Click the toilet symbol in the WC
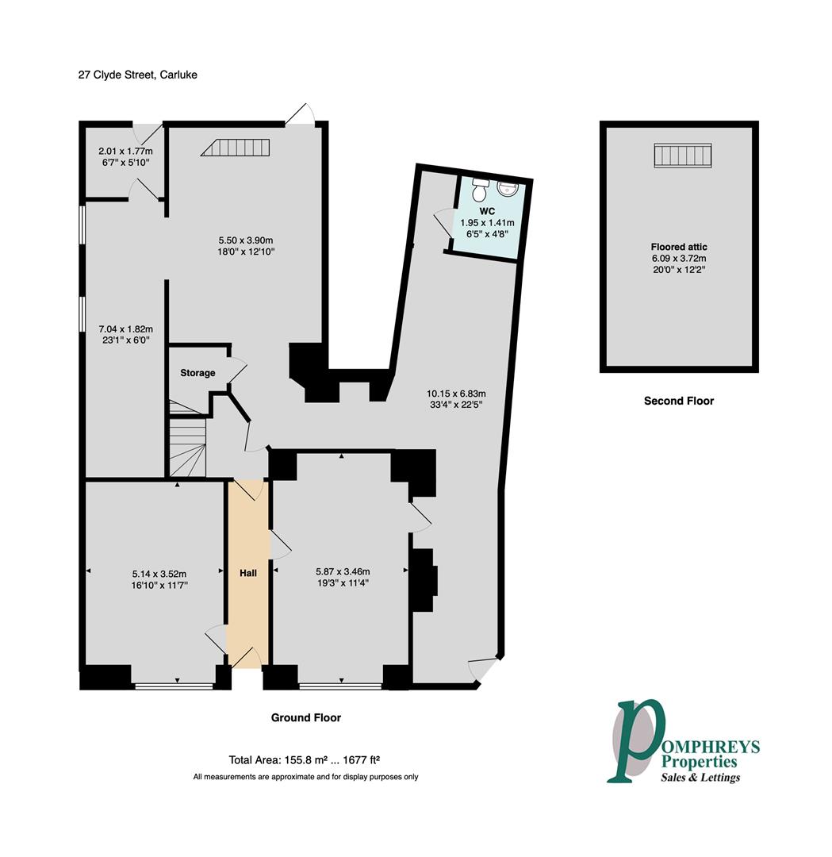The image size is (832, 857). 479,191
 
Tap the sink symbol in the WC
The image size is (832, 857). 507,189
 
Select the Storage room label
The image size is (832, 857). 197,373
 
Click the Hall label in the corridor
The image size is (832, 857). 249,572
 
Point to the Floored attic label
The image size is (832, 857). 679,246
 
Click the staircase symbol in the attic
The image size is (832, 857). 682,156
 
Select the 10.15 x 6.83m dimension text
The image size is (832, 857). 455,393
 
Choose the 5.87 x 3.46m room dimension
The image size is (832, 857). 343,571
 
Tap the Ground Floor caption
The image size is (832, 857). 306,717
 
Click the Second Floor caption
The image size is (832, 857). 679,401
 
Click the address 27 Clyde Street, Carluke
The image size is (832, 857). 137,75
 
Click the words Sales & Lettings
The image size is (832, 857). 700,777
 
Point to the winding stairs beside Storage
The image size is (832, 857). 186,444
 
